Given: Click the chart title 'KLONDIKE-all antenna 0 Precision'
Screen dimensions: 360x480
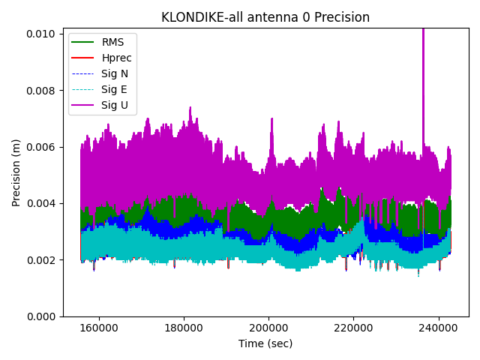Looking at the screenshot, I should pos(265,17).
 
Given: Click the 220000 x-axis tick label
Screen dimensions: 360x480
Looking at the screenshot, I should pos(354,328).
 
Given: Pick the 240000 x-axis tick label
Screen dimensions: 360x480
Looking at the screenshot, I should pos(439,328).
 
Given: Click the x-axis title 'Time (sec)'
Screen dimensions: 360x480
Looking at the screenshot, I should pos(265,343).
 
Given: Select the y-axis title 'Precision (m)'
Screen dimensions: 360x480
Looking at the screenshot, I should pos(16,172).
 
